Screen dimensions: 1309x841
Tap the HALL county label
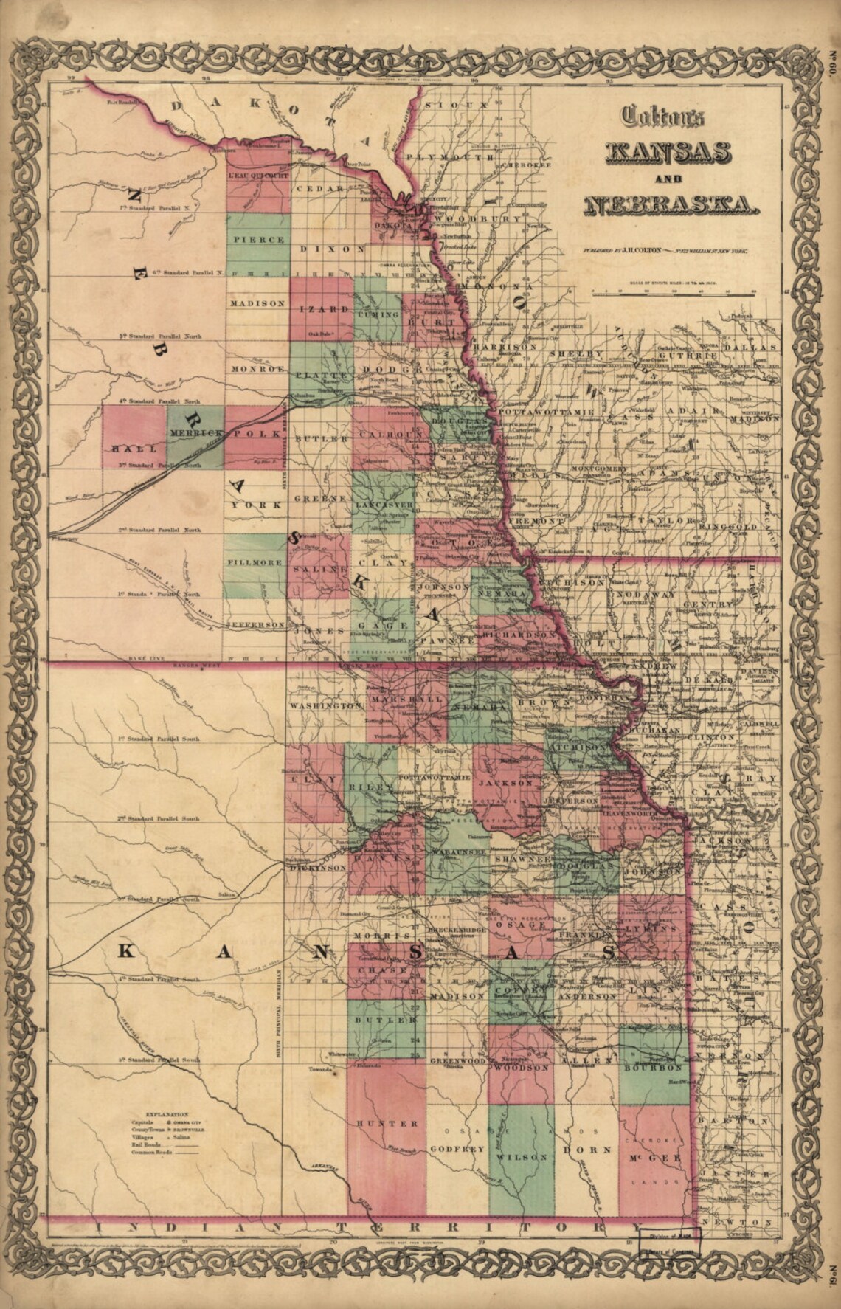click(126, 448)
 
